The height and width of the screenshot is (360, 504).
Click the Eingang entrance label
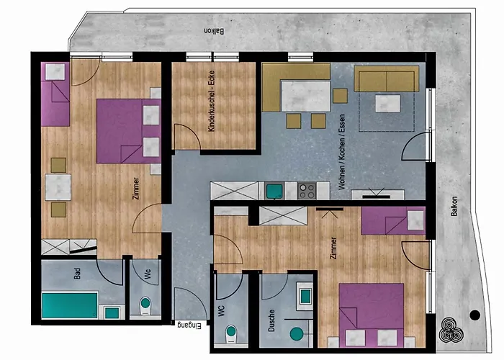coord(189,325)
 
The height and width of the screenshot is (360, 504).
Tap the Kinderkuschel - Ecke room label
coord(211,101)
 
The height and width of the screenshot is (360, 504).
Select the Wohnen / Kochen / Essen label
coord(341,152)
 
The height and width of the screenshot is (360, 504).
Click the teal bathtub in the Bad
coord(70,305)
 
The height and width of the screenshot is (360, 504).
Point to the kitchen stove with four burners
coord(307,191)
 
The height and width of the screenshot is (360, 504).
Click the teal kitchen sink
coord(274,191)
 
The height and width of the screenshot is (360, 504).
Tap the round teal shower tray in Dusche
coord(297,334)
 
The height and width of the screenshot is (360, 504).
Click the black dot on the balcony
coord(474,315)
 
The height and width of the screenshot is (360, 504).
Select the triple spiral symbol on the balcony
coord(451,330)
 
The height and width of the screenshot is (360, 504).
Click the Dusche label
coord(271,320)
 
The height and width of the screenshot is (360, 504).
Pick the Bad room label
coord(77,274)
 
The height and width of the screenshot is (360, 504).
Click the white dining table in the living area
coord(306,96)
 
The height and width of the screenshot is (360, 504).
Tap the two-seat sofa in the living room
coord(387,79)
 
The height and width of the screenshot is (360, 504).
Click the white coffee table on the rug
coord(387,104)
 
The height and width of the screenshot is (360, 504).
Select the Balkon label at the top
coord(215,31)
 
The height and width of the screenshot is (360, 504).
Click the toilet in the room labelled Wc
coord(145,306)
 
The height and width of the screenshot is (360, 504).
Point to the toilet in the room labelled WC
coord(231,334)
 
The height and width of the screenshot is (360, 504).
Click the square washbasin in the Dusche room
coord(305,296)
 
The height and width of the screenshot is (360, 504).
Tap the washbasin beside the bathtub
coord(112,312)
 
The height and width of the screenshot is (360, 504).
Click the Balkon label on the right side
coord(454,206)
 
